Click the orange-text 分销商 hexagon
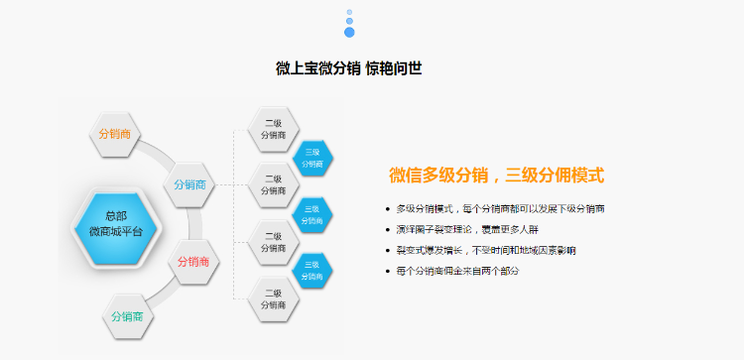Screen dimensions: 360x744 116,135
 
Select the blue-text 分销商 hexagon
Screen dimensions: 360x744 190,184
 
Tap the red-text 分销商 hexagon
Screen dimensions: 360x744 193,262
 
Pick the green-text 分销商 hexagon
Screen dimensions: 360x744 128,316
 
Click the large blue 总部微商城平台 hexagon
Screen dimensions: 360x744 116,223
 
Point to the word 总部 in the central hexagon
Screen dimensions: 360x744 116,215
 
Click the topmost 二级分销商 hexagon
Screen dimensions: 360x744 273,128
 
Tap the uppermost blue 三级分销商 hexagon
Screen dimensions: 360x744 312,158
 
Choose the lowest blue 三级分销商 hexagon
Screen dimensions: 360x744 312,271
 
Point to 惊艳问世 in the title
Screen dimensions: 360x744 394,68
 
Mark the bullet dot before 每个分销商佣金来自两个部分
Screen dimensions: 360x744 387,271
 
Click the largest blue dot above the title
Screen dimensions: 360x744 349,32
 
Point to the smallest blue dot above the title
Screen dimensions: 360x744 349,12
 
